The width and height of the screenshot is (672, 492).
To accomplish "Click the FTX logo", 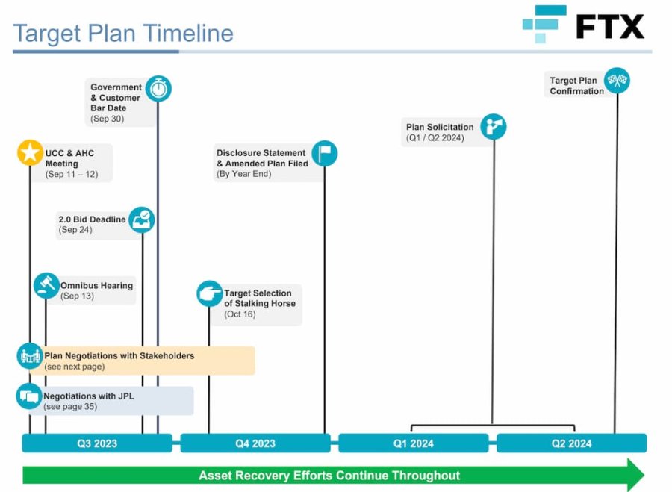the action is coord(583,24).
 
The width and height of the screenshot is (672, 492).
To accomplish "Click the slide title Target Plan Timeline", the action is coord(123,34).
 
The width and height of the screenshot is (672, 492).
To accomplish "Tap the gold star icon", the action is coord(30,152).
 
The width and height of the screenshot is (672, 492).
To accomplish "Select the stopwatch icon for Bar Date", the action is coord(158,89).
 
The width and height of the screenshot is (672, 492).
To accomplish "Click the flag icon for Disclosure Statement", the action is coord(325,154).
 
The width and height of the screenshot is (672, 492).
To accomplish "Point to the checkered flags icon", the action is coord(617,80).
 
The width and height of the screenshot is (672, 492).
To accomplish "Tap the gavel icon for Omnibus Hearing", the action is coord(46,285).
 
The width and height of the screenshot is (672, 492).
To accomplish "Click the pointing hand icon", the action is coord(210,293).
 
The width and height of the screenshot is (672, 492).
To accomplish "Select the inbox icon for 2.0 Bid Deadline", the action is coord(142,219).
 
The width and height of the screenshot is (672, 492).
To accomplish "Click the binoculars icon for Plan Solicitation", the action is coord(494,126).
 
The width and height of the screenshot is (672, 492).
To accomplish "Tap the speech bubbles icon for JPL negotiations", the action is coord(29,396).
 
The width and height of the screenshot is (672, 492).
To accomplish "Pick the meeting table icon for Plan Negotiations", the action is coord(30,355).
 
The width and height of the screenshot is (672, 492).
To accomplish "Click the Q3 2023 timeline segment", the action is coord(97,443).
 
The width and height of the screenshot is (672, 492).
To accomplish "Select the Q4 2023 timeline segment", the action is coord(255,443).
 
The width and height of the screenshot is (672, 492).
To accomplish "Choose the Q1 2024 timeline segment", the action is coord(414,443).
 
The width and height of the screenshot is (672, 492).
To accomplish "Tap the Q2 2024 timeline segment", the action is coord(572,443).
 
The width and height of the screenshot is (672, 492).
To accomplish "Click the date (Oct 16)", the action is coord(240,314).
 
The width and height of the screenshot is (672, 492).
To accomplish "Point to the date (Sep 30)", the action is coord(107,119).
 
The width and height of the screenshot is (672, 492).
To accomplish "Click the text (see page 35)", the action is coord(70,407).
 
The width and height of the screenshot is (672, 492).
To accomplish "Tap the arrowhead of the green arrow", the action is coord(636,475).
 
